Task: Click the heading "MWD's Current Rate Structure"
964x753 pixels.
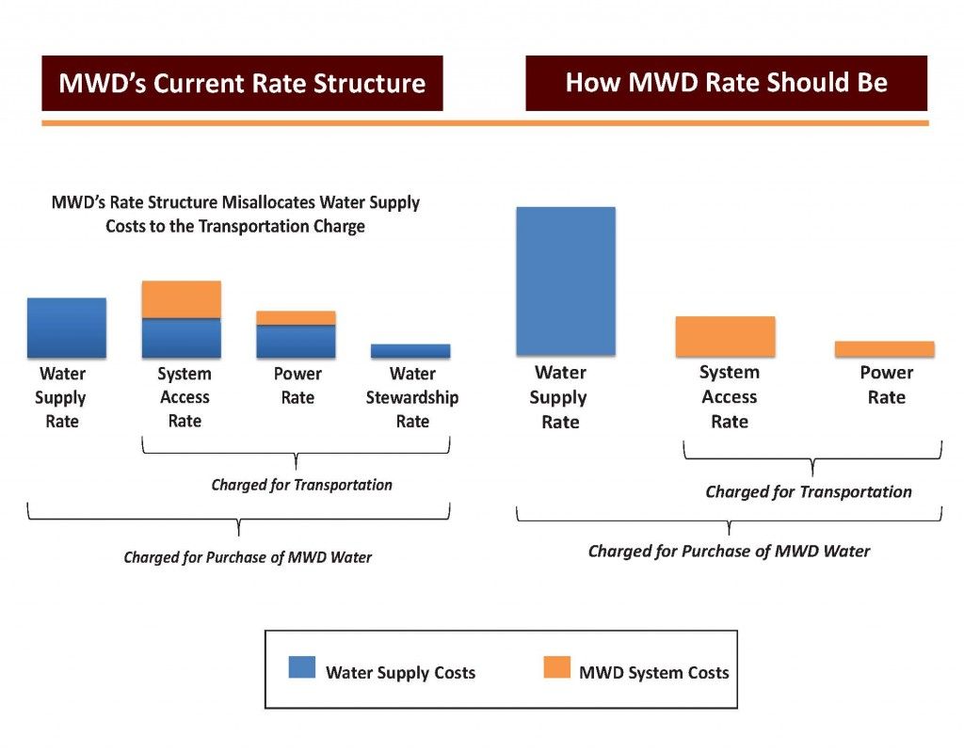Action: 242,84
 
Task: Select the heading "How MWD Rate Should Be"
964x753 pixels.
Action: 726,83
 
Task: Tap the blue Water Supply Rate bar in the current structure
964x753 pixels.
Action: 66,328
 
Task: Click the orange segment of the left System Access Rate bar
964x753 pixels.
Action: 181,299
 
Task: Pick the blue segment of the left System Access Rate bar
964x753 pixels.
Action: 181,338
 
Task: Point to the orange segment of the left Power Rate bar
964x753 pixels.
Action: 296,318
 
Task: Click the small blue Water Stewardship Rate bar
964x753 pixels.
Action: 410,351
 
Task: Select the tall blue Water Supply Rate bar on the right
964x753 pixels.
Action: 565,280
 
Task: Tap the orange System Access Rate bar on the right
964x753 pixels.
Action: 725,336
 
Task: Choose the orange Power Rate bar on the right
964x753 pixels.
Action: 884,349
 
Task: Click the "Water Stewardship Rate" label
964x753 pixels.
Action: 411,397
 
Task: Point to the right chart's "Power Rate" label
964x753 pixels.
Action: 886,385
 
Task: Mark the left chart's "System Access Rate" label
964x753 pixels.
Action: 184,397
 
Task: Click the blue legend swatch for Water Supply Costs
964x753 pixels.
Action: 301,667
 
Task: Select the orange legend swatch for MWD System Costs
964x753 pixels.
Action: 556,667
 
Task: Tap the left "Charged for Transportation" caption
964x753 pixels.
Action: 301,486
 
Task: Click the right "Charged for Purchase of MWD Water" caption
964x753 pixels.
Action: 729,551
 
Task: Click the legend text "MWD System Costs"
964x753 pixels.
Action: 653,672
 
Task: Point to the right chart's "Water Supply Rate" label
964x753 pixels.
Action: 559,397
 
